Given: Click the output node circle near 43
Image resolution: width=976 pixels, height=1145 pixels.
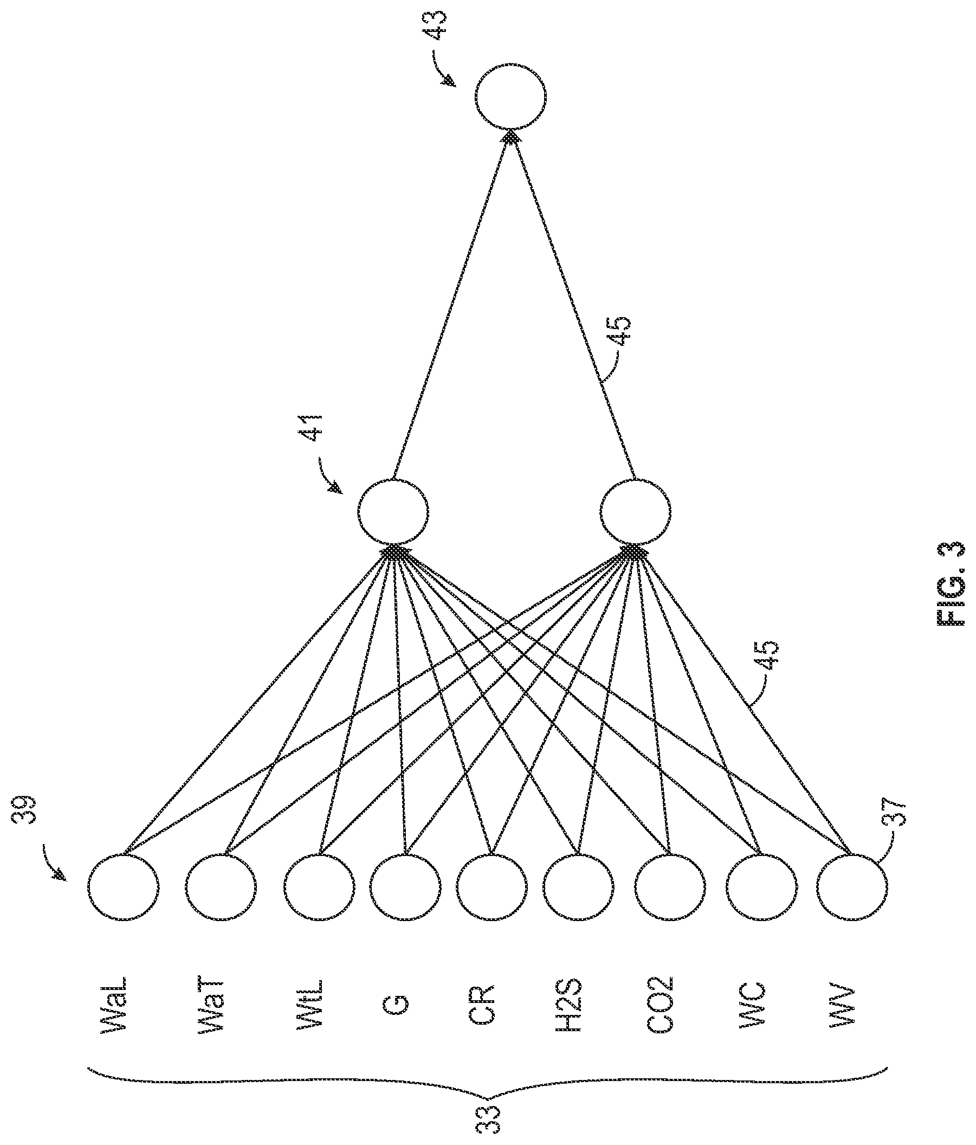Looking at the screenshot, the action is pos(510,98).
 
